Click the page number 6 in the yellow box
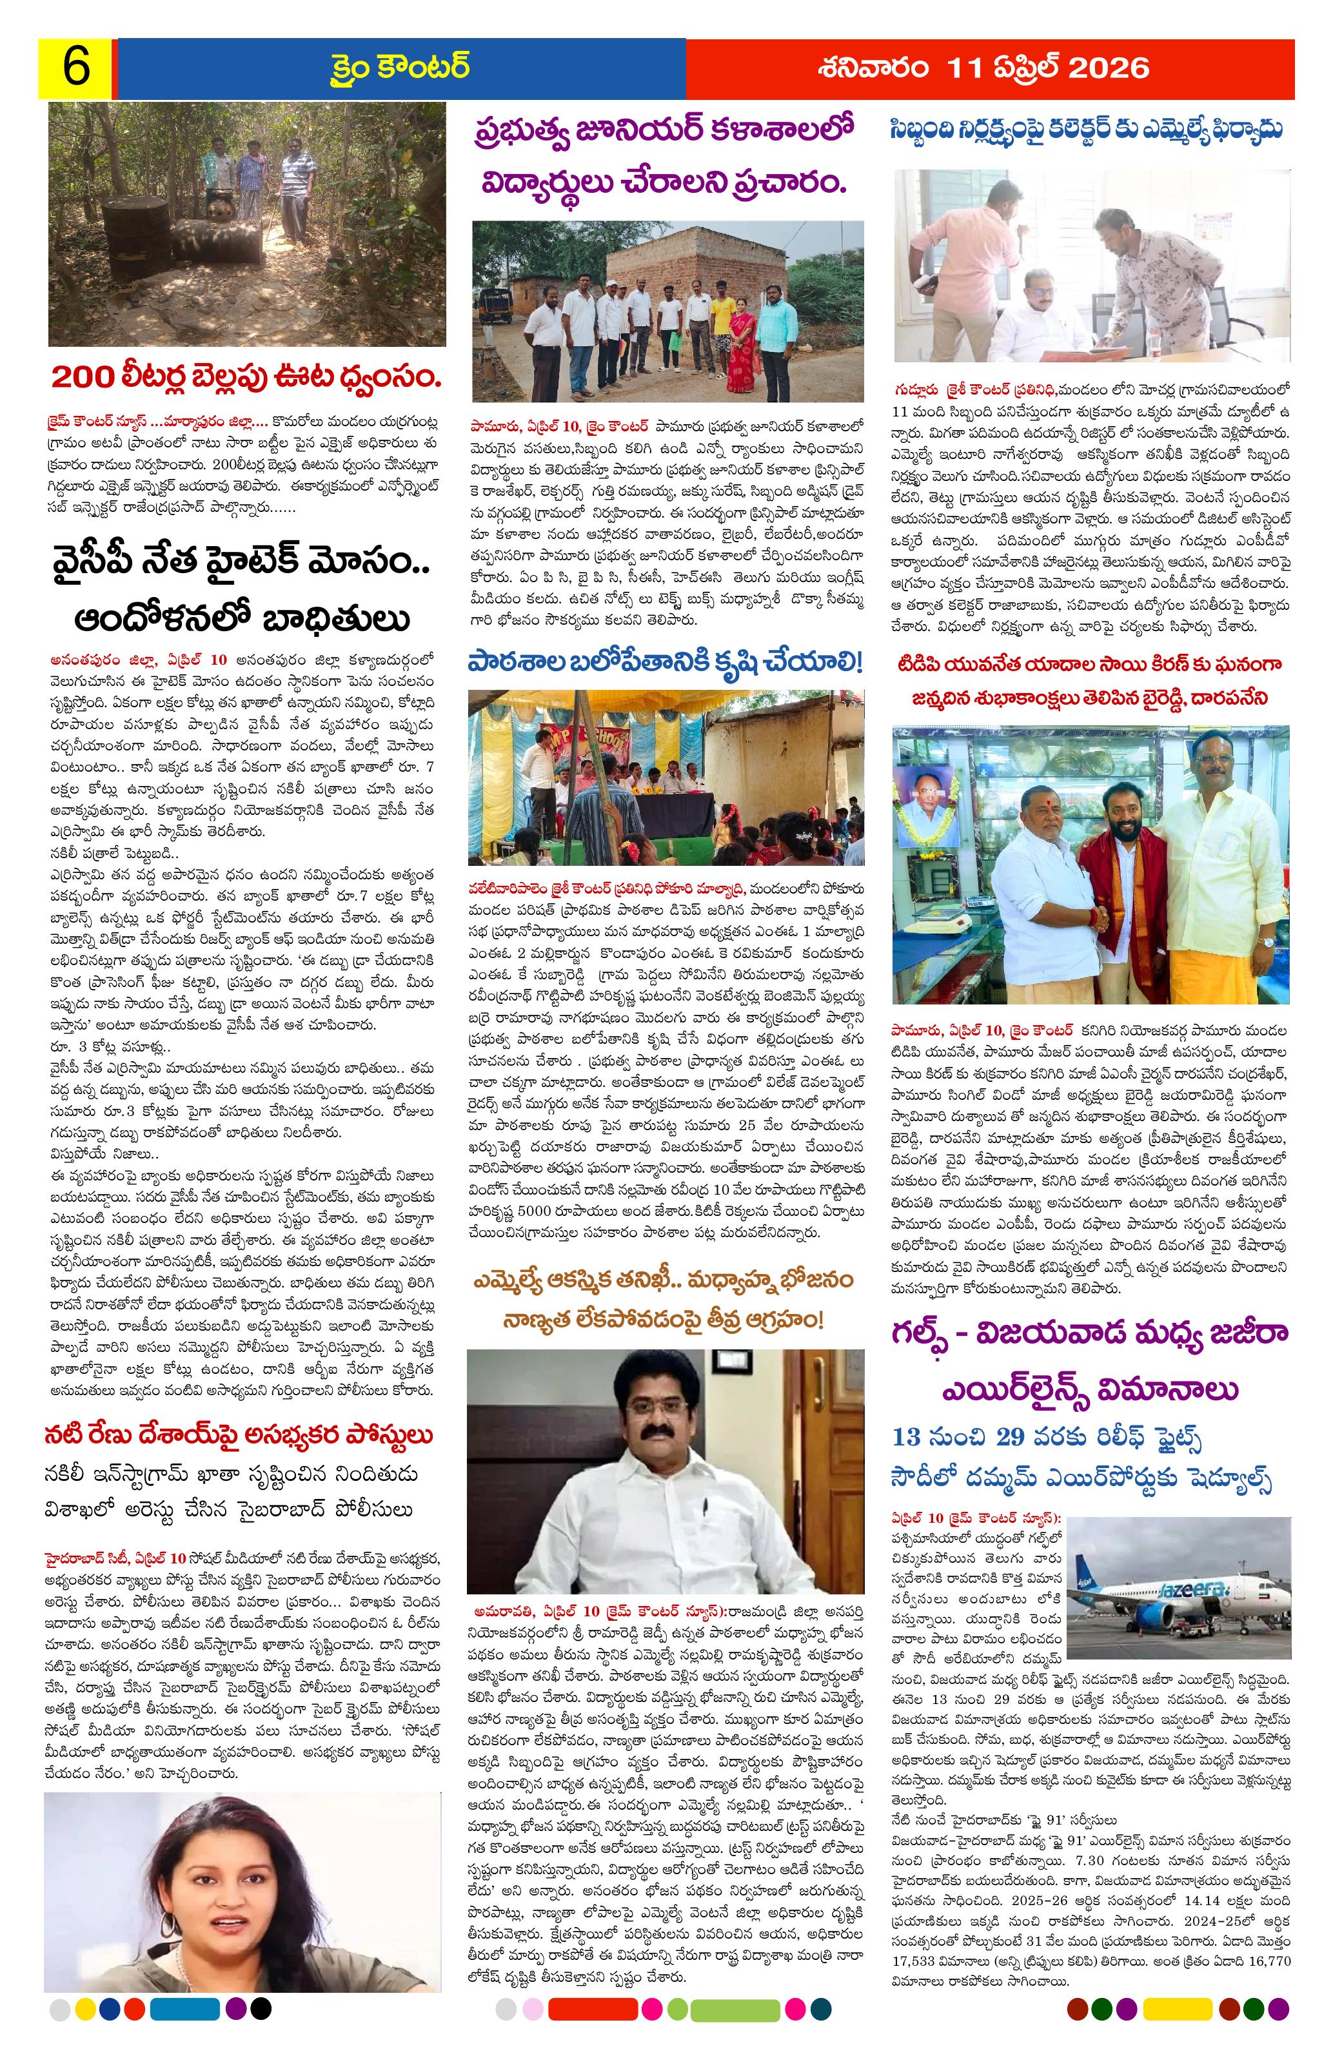(x=75, y=68)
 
